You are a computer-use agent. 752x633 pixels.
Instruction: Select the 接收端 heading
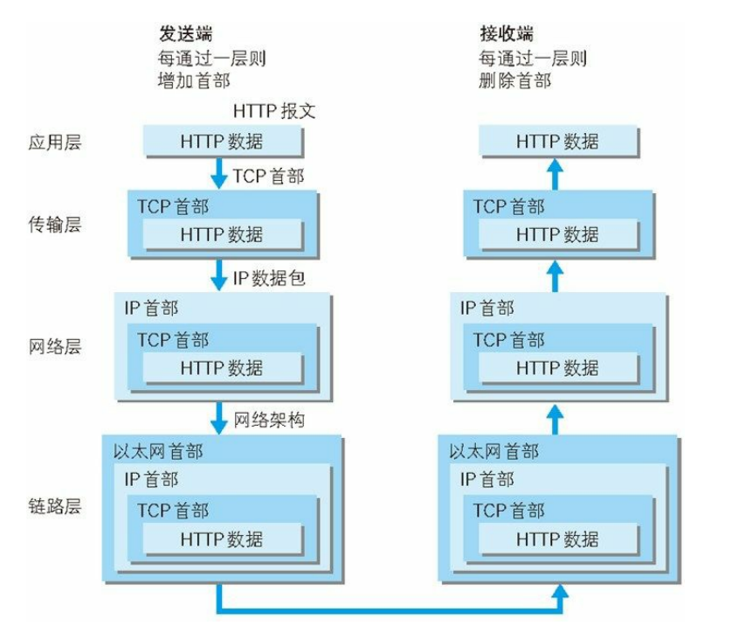tap(506, 34)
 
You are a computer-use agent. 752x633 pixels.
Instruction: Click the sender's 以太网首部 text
tap(158, 451)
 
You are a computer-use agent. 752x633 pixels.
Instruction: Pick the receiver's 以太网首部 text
tap(493, 451)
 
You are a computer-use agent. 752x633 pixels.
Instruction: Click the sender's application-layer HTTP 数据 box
tap(222, 142)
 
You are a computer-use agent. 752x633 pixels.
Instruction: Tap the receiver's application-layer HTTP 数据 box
tap(557, 142)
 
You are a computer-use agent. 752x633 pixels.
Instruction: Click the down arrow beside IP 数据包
tap(218, 277)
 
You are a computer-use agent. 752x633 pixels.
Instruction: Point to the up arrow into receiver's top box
tap(553, 173)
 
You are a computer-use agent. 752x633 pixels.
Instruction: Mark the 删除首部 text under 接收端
tap(514, 81)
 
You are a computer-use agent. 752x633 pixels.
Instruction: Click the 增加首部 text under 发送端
tap(194, 81)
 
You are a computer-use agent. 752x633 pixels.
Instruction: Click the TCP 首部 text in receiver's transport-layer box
tap(508, 207)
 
